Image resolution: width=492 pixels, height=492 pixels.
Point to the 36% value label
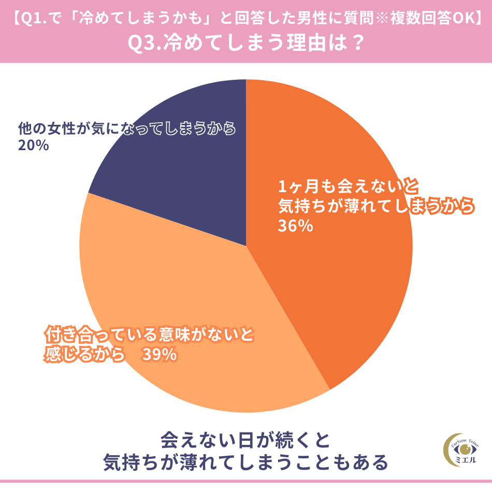point(295,226)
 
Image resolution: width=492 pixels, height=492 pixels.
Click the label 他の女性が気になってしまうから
point(127,128)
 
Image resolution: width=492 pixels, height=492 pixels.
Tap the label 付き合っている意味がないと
point(149,335)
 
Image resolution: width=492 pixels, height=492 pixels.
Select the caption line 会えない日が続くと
point(245,440)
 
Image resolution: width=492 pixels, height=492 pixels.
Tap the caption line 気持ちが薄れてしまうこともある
point(245,461)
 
